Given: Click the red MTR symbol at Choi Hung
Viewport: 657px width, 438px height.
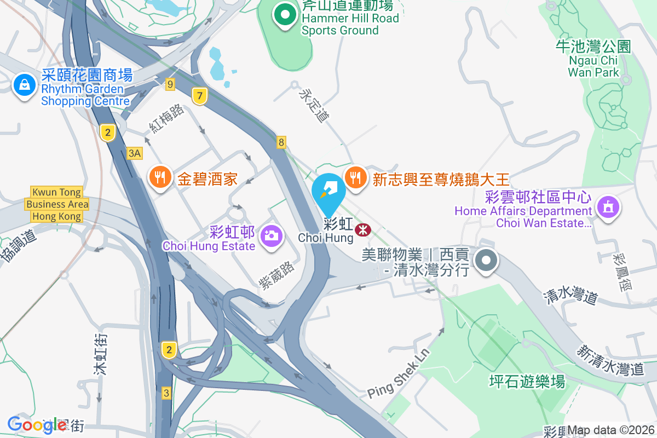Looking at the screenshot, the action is point(362,230).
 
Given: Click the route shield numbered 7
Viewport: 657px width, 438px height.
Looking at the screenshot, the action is point(200,96).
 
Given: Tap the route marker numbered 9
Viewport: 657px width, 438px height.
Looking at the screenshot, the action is point(170,84).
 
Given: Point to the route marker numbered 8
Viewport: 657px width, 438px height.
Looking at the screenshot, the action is point(281,142).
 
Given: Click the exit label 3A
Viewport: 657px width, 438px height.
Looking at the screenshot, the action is point(134,153).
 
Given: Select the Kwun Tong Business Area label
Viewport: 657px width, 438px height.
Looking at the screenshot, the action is point(57,204).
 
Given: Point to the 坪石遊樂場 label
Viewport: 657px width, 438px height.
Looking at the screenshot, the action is point(527,381).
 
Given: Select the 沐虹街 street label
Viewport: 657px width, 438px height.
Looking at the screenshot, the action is point(100,354).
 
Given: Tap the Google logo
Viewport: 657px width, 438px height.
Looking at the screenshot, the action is point(30,424).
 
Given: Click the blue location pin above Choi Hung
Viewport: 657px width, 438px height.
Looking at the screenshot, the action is point(328,193).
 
